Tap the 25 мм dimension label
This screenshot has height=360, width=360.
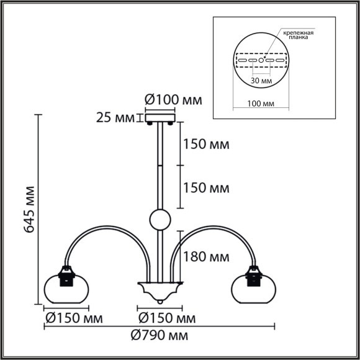pos(116,117)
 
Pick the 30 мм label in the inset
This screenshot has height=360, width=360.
pos(260,81)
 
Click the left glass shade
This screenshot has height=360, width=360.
pos(64,287)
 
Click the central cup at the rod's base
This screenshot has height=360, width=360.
pos(160,289)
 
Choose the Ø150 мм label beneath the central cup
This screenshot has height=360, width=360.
pos(163,319)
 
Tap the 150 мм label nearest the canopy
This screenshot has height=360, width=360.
pos(206,145)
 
